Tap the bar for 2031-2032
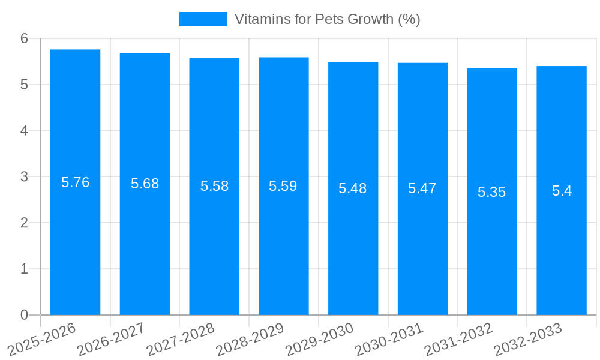pos(492,252)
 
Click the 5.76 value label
pos(75,183)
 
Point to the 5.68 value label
pos(145,184)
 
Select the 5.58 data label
pos(214,186)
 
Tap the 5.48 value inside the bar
pos(353,188)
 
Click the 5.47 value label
pos(422,188)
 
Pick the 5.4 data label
pos(562,191)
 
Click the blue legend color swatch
pos(203,19)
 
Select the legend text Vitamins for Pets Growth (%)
pos(327,19)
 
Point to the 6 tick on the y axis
pos(24,38)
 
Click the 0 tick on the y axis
pos(24,315)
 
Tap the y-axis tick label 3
pos(24,177)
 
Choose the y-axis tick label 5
pos(24,85)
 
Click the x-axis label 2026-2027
pos(112,339)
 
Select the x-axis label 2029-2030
pos(320,339)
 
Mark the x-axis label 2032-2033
pos(528,339)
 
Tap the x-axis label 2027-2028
pos(181,339)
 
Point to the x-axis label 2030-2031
pos(389,339)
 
